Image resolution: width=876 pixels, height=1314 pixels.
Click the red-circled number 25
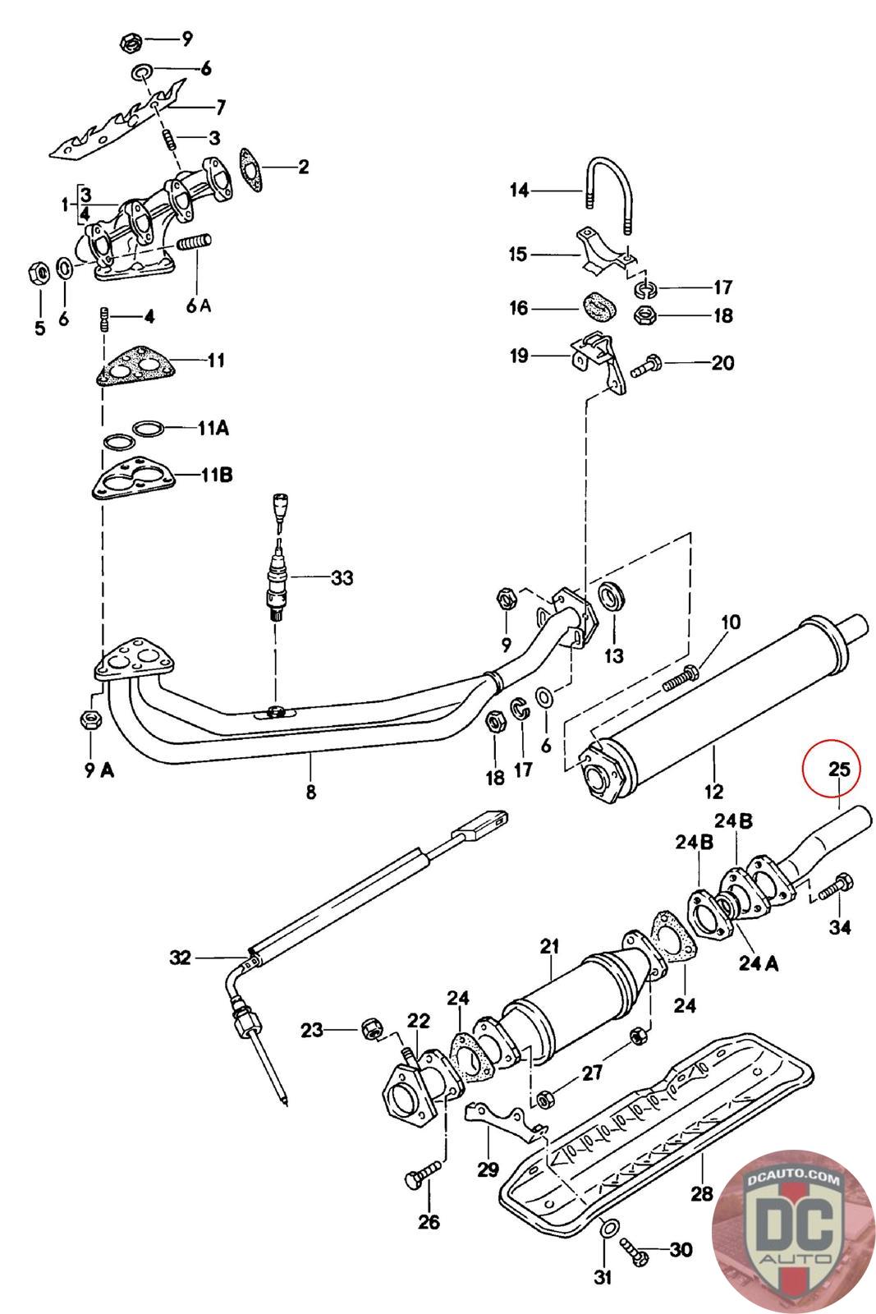tap(838, 769)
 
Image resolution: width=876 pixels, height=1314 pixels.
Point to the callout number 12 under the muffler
tap(713, 792)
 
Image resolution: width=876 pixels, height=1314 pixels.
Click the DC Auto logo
tap(793, 1229)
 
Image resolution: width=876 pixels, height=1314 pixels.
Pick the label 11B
tap(217, 475)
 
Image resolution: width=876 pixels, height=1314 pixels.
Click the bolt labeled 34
tap(837, 886)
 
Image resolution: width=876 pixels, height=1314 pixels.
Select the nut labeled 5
tap(38, 273)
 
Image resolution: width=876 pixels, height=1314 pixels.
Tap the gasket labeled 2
tap(250, 169)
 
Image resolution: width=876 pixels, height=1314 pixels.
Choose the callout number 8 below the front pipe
tap(311, 792)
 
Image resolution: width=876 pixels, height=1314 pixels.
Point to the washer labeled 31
tap(608, 1227)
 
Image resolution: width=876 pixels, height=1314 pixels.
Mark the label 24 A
tap(758, 964)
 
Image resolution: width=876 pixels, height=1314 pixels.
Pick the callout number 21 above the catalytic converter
tap(549, 947)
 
